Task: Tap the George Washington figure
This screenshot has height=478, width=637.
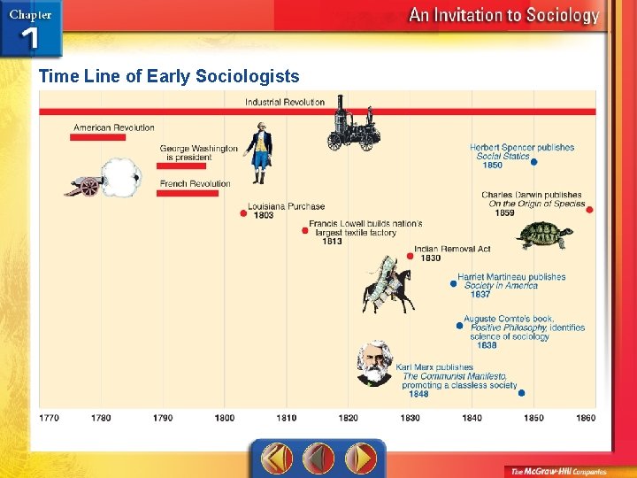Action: coord(258,152)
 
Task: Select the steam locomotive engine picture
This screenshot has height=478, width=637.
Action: coord(351,126)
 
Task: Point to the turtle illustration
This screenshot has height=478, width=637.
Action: coord(544,235)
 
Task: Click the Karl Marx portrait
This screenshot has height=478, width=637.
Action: coord(373,363)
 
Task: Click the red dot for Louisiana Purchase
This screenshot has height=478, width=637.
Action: coord(242,212)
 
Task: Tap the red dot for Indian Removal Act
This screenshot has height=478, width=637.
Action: coord(410,256)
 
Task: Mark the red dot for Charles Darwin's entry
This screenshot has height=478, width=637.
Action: coord(589,210)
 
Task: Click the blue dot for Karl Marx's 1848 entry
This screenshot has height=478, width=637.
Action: coord(521,393)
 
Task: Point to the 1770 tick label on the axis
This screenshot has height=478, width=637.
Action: coord(50,418)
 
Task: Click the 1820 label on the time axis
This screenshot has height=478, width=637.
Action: coord(348,418)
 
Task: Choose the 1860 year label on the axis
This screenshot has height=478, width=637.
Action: coord(586,418)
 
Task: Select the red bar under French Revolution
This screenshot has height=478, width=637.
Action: coord(187,193)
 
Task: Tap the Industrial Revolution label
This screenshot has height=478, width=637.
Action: coord(285,102)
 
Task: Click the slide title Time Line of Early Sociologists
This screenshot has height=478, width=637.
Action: coord(169,76)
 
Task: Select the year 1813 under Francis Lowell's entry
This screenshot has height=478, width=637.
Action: coord(332,242)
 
